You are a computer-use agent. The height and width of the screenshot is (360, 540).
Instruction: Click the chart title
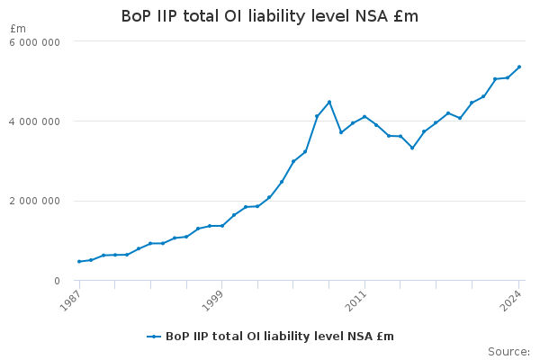pos(270,17)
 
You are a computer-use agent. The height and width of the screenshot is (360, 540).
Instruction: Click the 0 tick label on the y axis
pos(56,281)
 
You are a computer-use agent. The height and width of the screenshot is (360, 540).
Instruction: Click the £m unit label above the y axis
pos(17,29)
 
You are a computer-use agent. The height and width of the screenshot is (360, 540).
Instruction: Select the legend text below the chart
pos(280,337)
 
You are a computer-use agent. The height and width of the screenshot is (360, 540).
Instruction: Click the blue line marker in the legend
pos(154,337)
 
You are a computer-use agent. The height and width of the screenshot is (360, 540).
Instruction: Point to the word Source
pos(508,351)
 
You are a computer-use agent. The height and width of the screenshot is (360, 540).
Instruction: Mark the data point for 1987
pos(79,261)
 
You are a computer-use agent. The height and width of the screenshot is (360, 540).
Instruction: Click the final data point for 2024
pos(519,67)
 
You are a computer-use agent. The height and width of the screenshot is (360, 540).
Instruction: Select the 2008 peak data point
pos(329,102)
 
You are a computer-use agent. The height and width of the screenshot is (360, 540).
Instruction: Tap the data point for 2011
pos(364,116)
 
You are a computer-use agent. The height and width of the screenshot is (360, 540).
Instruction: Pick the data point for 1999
pos(222,225)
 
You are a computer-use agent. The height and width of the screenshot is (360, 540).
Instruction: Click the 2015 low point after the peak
pos(412,148)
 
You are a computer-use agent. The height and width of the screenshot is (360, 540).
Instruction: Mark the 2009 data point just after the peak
pos(341,132)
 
